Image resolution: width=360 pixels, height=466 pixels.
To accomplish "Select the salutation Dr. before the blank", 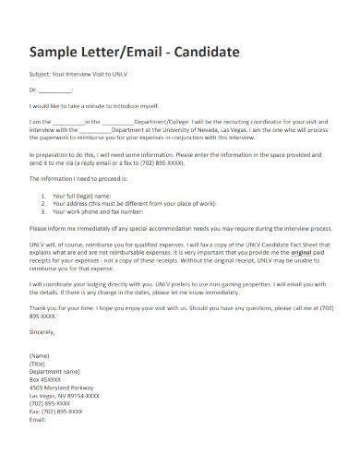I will pyautogui.click(x=34, y=90).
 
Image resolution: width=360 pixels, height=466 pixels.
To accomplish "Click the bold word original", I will pyautogui.click(x=306, y=261).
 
